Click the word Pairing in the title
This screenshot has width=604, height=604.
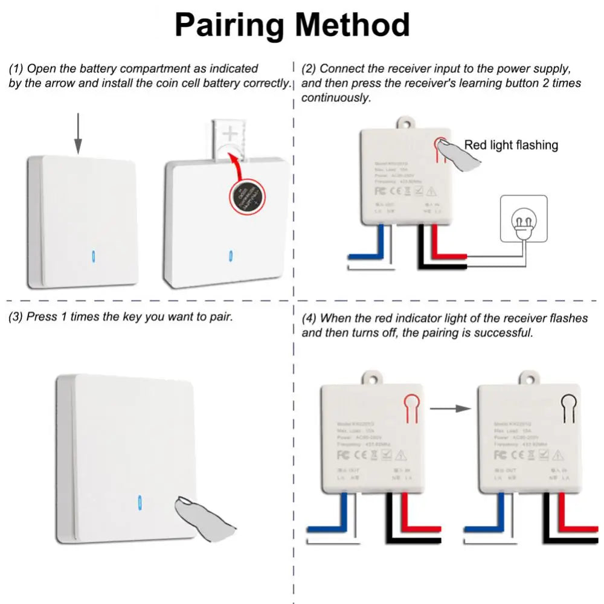230,26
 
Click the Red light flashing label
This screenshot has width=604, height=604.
511,145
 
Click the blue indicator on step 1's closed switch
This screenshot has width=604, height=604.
92,256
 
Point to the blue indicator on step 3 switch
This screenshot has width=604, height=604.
140,503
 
